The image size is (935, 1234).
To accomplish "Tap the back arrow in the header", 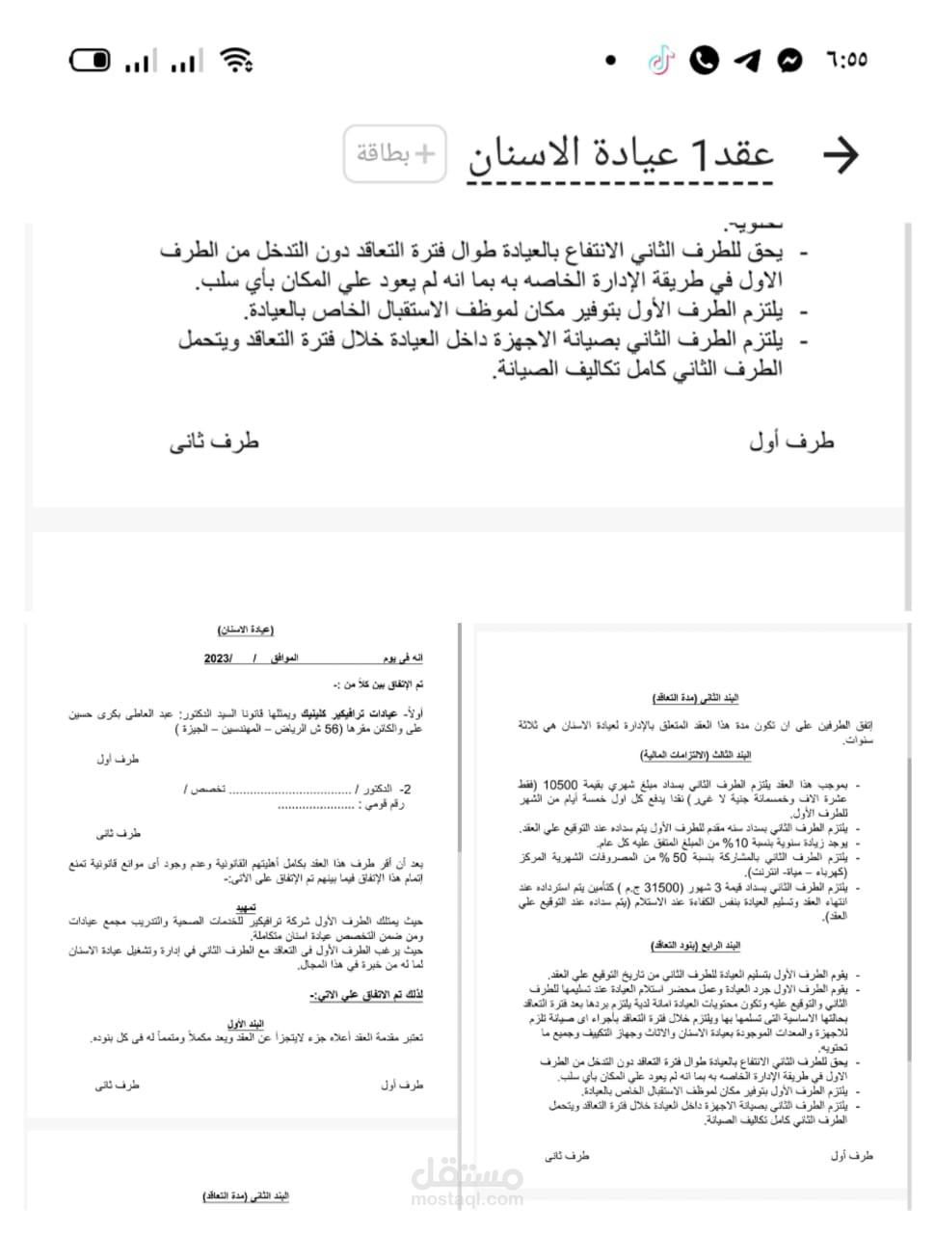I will click(x=840, y=154).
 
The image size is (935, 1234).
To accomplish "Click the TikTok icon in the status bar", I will click(x=661, y=61).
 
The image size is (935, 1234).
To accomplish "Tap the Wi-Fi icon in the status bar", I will click(x=235, y=61).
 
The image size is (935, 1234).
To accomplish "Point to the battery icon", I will click(x=91, y=61).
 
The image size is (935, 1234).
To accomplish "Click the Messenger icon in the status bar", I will click(x=789, y=61).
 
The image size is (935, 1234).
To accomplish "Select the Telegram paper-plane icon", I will click(x=747, y=61).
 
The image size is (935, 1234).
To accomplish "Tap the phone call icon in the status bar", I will click(x=705, y=61).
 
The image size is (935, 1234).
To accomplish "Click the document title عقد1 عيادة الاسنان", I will click(x=621, y=154).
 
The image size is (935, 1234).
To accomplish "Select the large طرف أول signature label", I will click(x=791, y=442).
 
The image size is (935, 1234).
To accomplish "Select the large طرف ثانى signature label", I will click(x=214, y=442).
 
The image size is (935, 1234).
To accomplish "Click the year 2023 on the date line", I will click(x=219, y=658).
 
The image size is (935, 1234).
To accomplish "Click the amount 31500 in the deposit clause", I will click(x=662, y=888).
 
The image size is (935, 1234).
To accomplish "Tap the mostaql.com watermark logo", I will click(x=467, y=1183).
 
